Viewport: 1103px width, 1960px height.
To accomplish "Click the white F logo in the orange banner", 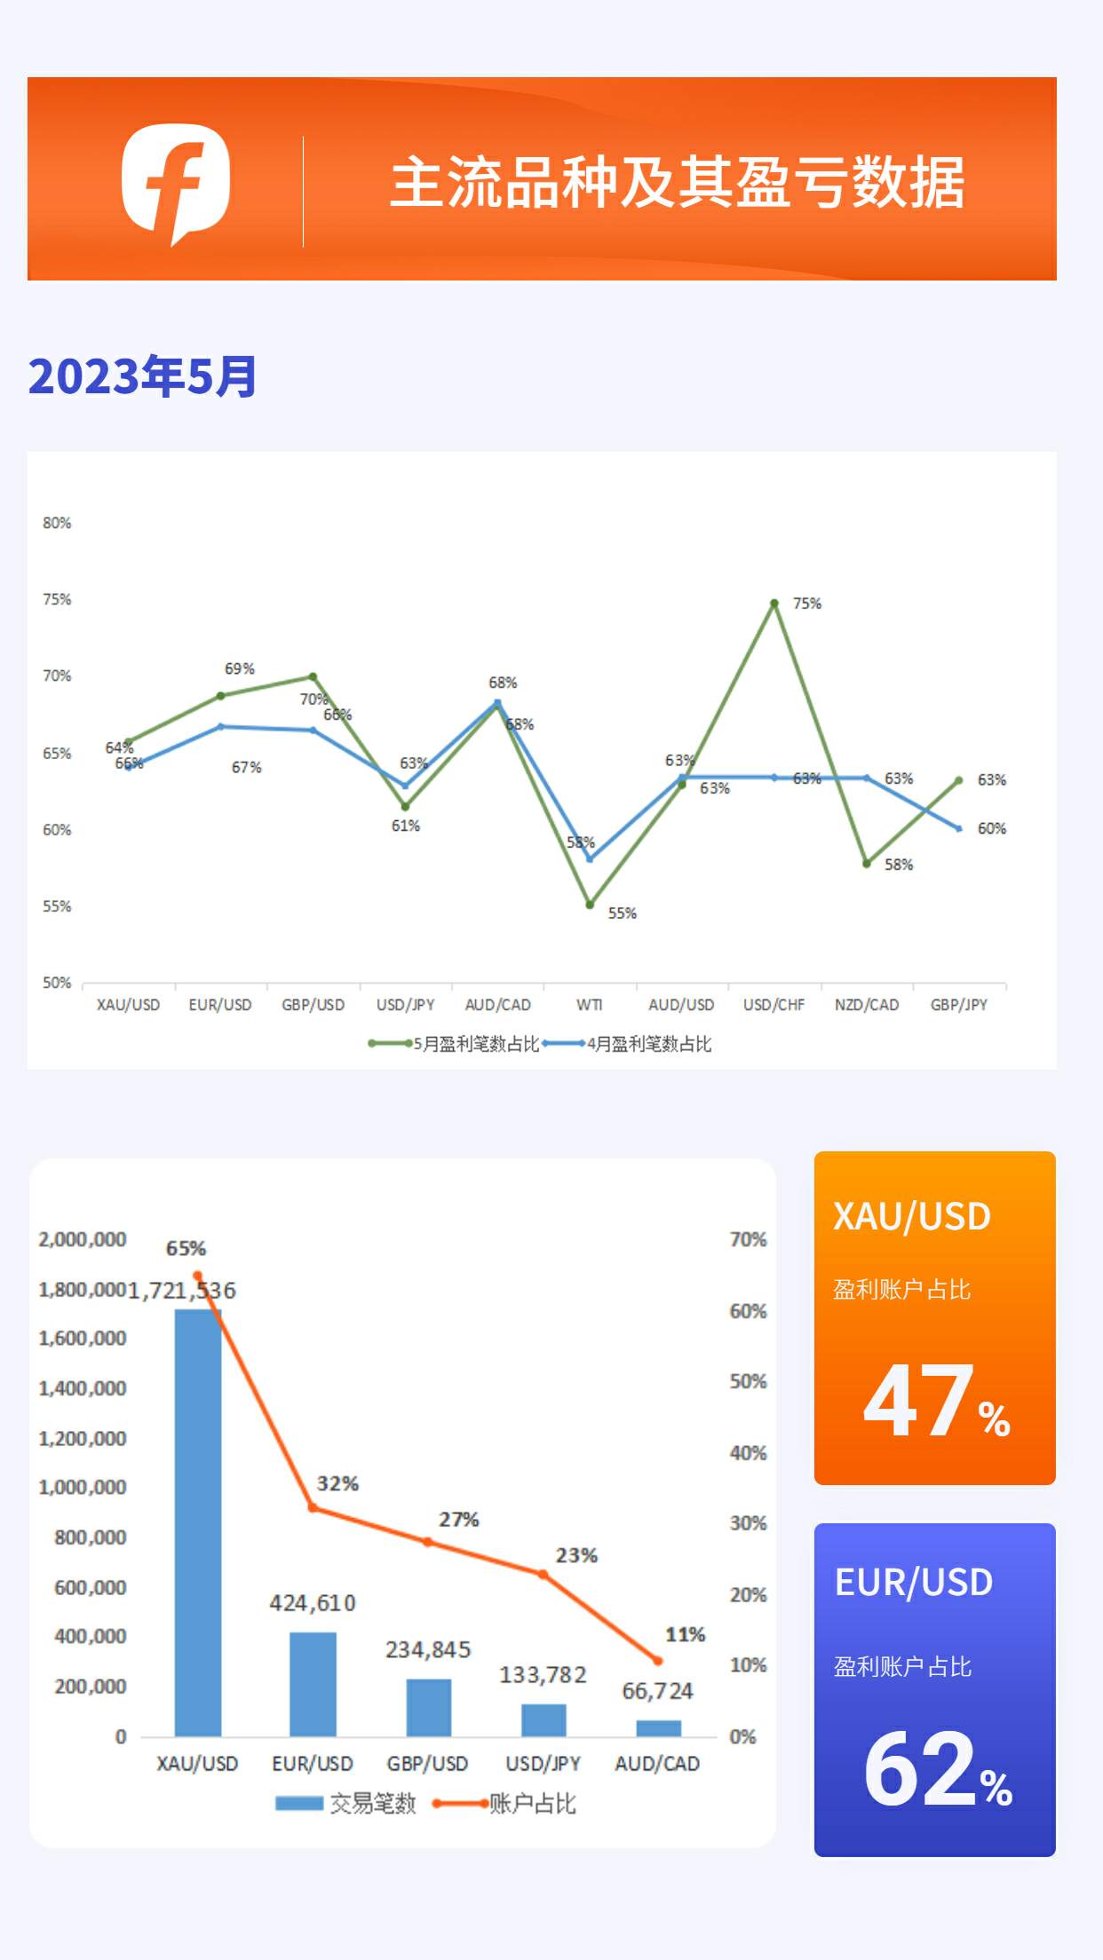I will click(176, 182).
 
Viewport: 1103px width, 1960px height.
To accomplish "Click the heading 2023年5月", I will click(142, 376).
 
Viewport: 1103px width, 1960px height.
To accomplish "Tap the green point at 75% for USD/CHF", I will click(774, 604).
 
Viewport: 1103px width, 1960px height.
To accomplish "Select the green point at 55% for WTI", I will click(590, 905).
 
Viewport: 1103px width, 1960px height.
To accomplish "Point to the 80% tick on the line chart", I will click(57, 523).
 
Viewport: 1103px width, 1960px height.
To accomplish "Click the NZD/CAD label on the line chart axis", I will click(866, 1005).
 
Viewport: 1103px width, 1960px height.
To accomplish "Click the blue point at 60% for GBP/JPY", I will click(959, 829).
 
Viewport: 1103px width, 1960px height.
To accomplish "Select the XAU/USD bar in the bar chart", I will click(197, 1522).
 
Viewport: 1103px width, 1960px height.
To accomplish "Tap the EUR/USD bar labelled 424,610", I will click(313, 1683).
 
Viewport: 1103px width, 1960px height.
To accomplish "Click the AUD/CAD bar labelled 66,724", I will click(658, 1727).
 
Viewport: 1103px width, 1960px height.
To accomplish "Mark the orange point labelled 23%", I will click(543, 1574).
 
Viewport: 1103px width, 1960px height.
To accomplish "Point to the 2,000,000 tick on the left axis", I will click(82, 1239).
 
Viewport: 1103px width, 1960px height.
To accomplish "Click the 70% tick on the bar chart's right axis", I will click(748, 1239).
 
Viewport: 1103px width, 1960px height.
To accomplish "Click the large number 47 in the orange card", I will click(918, 1401).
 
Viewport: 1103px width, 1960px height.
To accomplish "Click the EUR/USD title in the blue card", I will click(914, 1582).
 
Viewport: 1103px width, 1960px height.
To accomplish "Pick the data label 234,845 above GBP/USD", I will click(428, 1650).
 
